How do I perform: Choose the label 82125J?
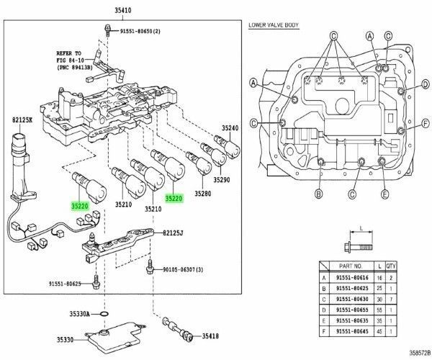[x=172, y=233]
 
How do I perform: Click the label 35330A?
[x=79, y=314]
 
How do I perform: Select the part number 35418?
[x=210, y=336]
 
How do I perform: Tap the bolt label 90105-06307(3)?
[x=181, y=269]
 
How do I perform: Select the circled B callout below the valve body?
[x=318, y=194]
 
